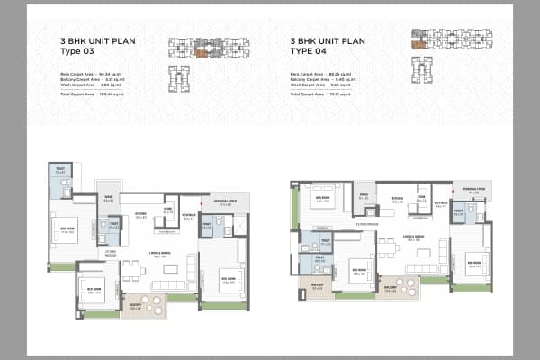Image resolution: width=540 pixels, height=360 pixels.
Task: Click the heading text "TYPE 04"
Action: [307, 51]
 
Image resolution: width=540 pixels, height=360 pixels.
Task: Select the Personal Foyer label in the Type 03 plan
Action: [225, 203]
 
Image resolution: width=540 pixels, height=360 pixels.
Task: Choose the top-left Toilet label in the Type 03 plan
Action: [59, 171]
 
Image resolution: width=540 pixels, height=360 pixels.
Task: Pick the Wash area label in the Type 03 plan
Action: [109, 199]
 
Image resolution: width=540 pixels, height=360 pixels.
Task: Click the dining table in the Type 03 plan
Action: [132, 269]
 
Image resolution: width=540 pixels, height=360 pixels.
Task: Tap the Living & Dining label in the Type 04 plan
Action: [413, 238]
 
